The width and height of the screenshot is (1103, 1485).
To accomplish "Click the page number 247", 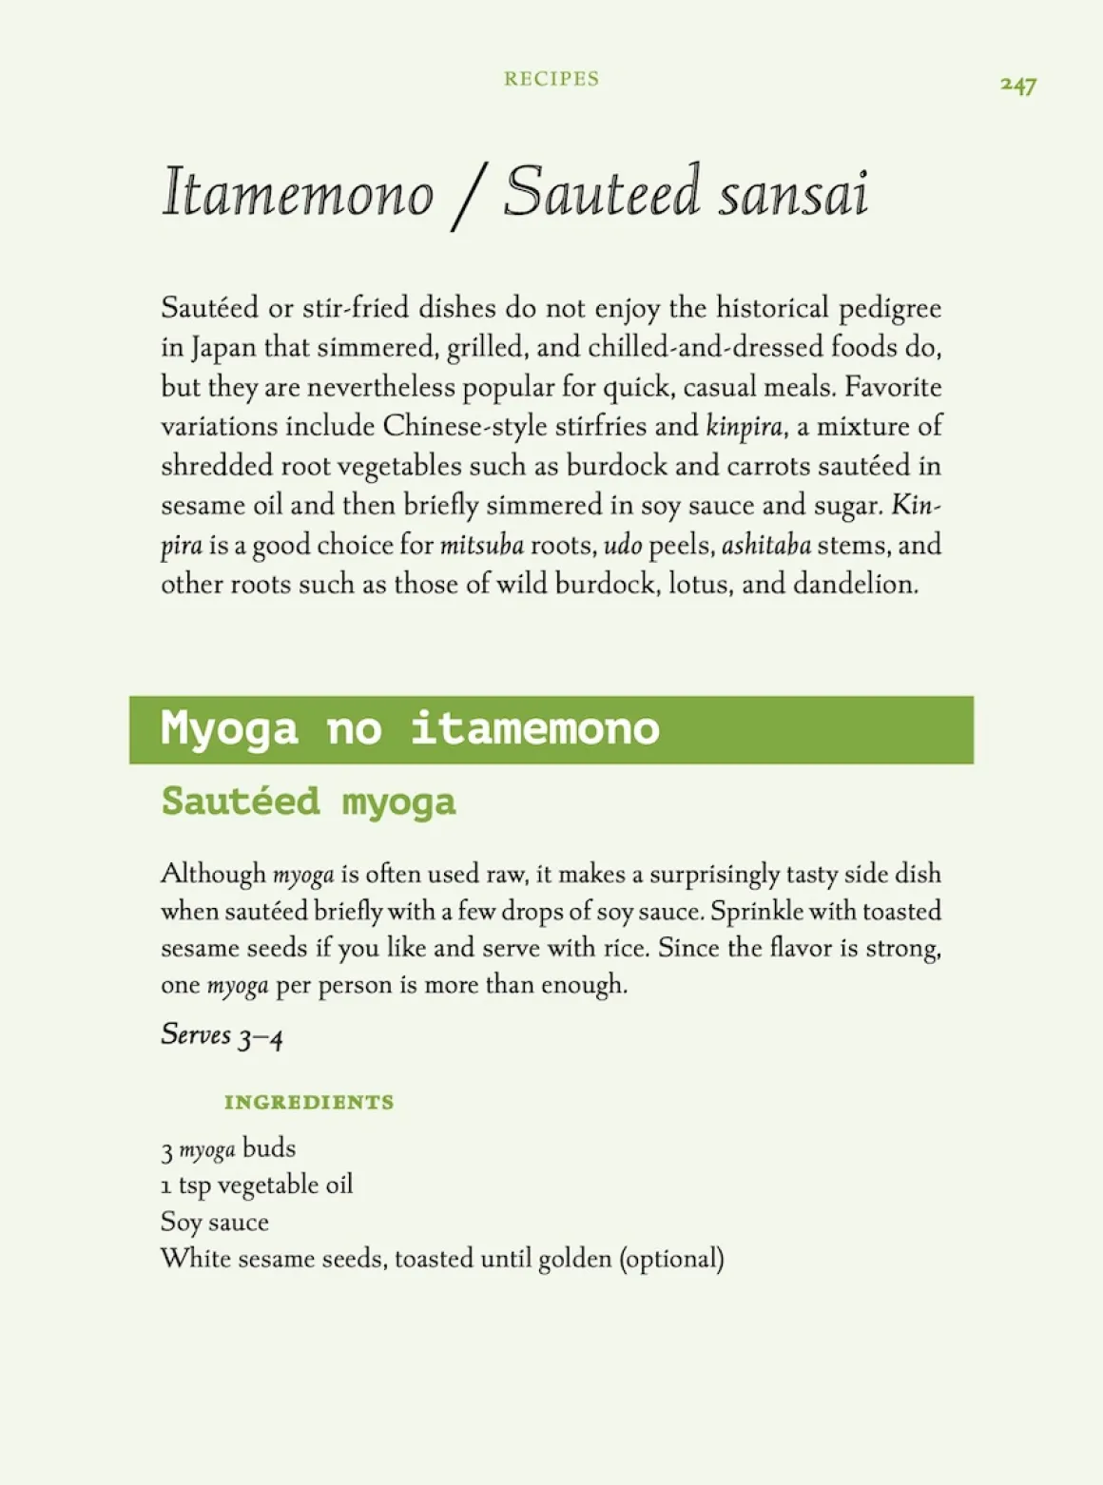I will click(x=1017, y=86).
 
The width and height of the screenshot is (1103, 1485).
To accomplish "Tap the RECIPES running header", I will click(x=551, y=79).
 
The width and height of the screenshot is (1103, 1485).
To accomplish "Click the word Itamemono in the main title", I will click(x=298, y=193).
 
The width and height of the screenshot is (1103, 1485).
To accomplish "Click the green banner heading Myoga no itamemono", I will click(x=410, y=729).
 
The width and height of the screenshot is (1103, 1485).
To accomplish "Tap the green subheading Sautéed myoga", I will click(x=308, y=801).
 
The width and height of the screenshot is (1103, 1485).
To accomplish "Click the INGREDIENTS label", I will click(x=309, y=1103).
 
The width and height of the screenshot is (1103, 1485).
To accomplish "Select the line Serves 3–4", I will click(x=222, y=1035).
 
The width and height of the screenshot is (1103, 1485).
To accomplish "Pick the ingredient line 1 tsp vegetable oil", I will click(x=257, y=1186).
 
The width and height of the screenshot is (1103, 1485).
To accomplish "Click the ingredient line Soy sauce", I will click(x=215, y=1223).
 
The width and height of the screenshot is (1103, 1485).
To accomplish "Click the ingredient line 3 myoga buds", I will click(x=228, y=1149).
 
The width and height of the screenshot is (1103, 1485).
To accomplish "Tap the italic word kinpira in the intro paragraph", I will click(x=745, y=427).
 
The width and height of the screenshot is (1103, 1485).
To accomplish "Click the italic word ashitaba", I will click(x=765, y=546).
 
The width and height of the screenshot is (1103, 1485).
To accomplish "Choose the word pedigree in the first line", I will click(x=889, y=309).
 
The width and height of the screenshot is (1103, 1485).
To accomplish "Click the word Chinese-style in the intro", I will click(x=465, y=427).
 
